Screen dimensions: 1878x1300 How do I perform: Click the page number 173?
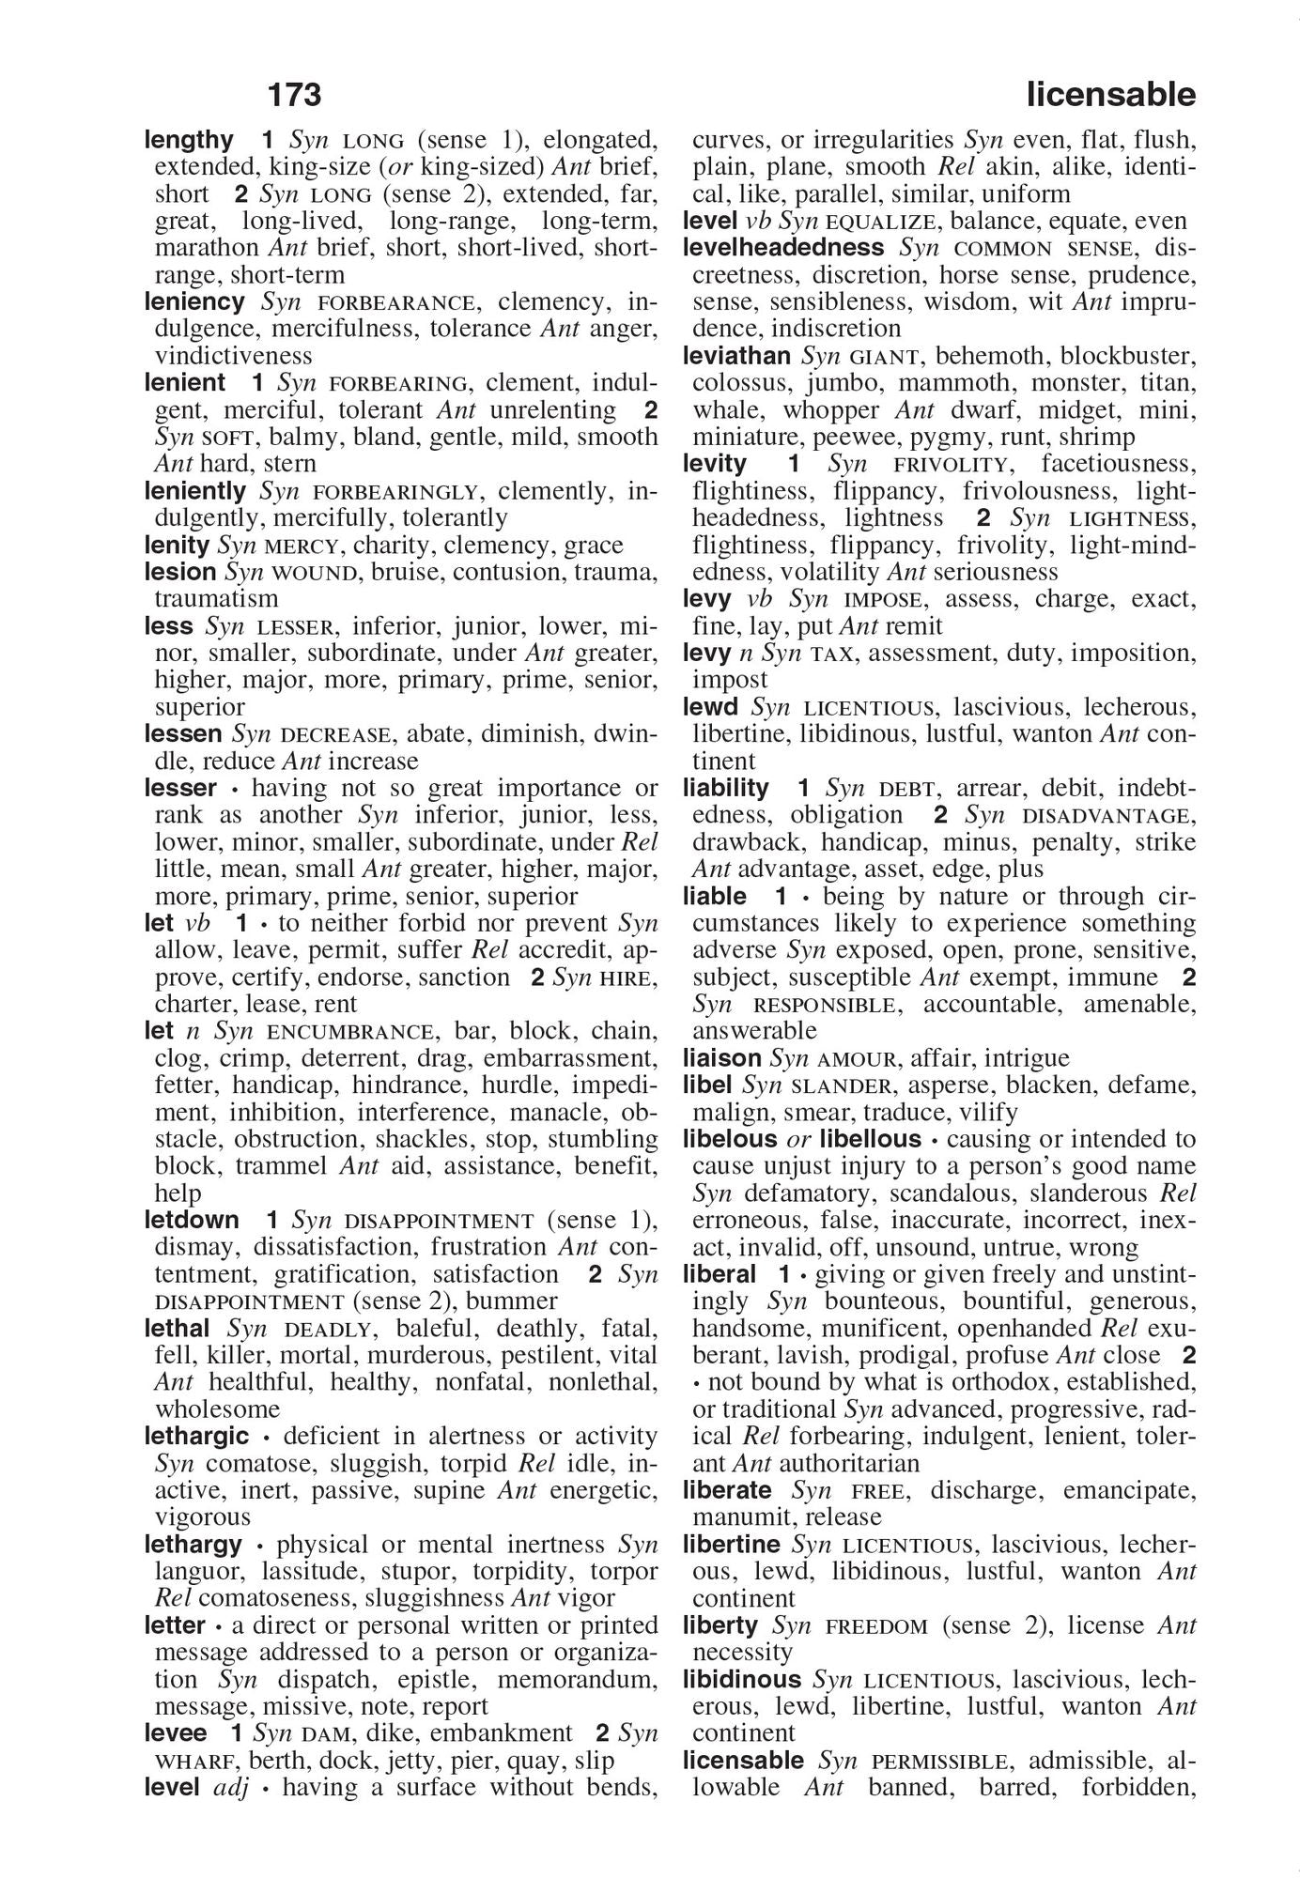coord(294,95)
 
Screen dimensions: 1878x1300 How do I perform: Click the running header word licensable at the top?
coord(1110,95)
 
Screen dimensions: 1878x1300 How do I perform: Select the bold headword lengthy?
coord(189,141)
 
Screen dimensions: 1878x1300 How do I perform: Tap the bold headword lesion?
coord(180,572)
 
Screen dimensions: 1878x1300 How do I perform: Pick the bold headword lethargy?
coord(193,1545)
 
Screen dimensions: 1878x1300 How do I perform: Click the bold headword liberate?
coord(727,1490)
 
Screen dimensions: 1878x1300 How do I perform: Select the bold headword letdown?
coord(192,1221)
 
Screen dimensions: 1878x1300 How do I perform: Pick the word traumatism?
coord(216,599)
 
